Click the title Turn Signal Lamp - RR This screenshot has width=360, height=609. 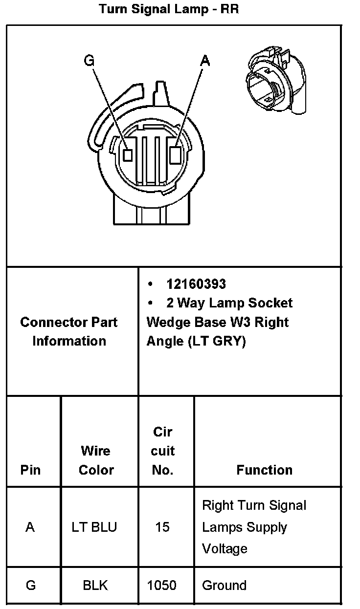(x=169, y=9)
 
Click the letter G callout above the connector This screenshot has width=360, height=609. (x=89, y=60)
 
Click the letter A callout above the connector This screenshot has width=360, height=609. (x=205, y=60)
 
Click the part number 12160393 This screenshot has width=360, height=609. (x=196, y=284)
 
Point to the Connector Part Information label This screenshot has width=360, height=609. (x=69, y=331)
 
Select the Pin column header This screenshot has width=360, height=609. (x=30, y=470)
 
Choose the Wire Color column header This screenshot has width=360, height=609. (x=96, y=460)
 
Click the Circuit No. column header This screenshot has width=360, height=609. (x=162, y=451)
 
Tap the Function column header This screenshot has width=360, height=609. (x=264, y=470)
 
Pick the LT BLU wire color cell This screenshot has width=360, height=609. (x=94, y=527)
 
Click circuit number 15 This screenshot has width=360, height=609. (x=162, y=527)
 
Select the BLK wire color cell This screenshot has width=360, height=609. (x=95, y=585)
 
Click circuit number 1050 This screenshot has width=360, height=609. (x=162, y=585)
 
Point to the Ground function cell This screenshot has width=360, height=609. (x=224, y=585)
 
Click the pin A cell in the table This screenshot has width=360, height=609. (x=30, y=527)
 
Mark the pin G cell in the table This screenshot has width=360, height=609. (x=30, y=585)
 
